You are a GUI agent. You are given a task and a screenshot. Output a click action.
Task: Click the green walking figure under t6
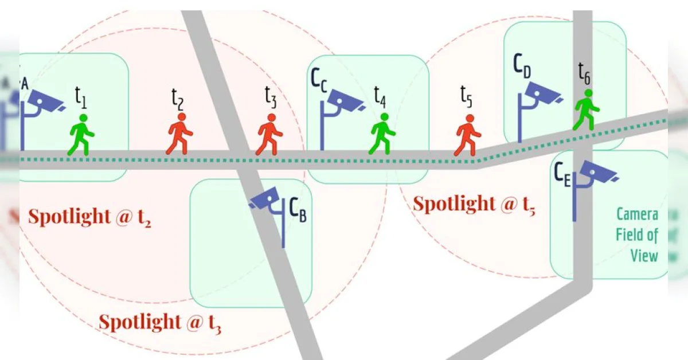coord(586,109)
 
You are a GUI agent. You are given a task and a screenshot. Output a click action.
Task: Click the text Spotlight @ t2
coord(90,218)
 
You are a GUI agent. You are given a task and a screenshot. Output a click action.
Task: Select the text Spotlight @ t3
coord(160,323)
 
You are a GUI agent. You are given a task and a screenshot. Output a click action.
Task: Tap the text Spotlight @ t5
coord(474,205)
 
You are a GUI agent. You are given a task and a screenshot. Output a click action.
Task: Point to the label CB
coord(298,210)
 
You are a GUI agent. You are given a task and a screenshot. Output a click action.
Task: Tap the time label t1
coord(81,97)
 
